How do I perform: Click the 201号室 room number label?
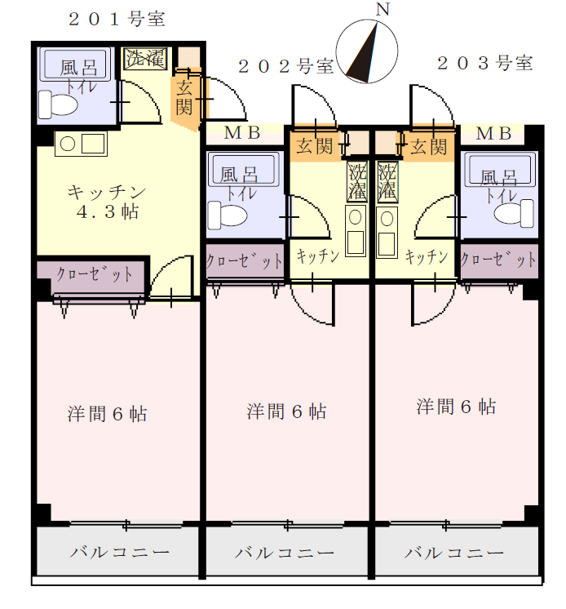click(x=117, y=20)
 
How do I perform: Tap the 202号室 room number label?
click(x=286, y=66)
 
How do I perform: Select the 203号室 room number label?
click(x=485, y=64)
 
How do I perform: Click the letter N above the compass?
click(x=382, y=9)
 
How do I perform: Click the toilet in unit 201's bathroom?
click(x=58, y=104)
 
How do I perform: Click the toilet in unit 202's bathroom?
click(x=228, y=215)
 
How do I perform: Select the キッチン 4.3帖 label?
click(x=106, y=202)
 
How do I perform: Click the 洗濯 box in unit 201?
click(x=145, y=59)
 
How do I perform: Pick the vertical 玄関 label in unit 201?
click(x=184, y=99)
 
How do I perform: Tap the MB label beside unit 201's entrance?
click(x=242, y=133)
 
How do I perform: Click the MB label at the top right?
click(x=493, y=134)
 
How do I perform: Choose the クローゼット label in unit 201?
click(x=95, y=273)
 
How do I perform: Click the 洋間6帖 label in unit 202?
click(x=286, y=411)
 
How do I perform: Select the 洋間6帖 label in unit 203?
click(x=456, y=407)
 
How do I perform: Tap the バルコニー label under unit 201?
click(x=120, y=552)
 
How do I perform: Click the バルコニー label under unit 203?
click(x=454, y=553)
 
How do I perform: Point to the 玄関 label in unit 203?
click(x=429, y=147)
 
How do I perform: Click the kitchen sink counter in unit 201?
click(x=81, y=144)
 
